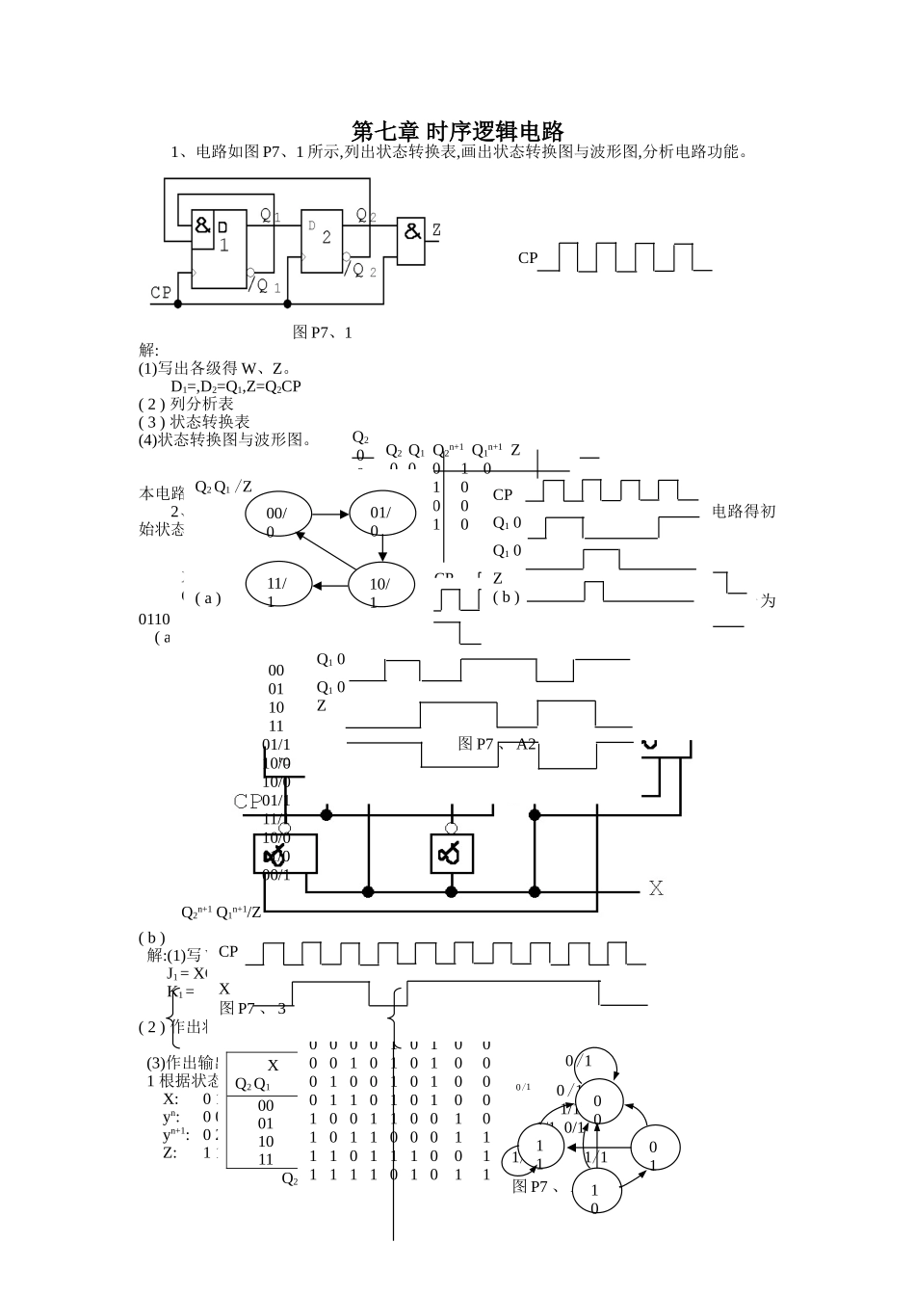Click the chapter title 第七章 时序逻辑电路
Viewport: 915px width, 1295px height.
pyautogui.click(x=457, y=131)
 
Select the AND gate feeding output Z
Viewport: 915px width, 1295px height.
pyautogui.click(x=412, y=238)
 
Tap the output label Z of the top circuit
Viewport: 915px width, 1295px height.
pyautogui.click(x=435, y=230)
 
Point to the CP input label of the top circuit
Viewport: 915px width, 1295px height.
pyautogui.click(x=161, y=292)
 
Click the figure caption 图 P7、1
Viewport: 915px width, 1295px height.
pyautogui.click(x=323, y=332)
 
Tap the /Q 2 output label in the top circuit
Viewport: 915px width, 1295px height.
pyautogui.click(x=359, y=271)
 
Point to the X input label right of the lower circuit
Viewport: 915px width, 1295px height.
pyautogui.click(x=656, y=888)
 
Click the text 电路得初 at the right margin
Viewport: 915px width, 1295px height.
pyautogui.click(x=744, y=512)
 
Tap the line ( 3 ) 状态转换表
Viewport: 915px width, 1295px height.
pyautogui.click(x=195, y=422)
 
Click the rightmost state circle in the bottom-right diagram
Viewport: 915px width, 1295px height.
pyautogui.click(x=655, y=1150)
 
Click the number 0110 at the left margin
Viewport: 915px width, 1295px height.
pyautogui.click(x=155, y=620)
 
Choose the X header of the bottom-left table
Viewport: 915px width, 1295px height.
pyautogui.click(x=273, y=1066)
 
